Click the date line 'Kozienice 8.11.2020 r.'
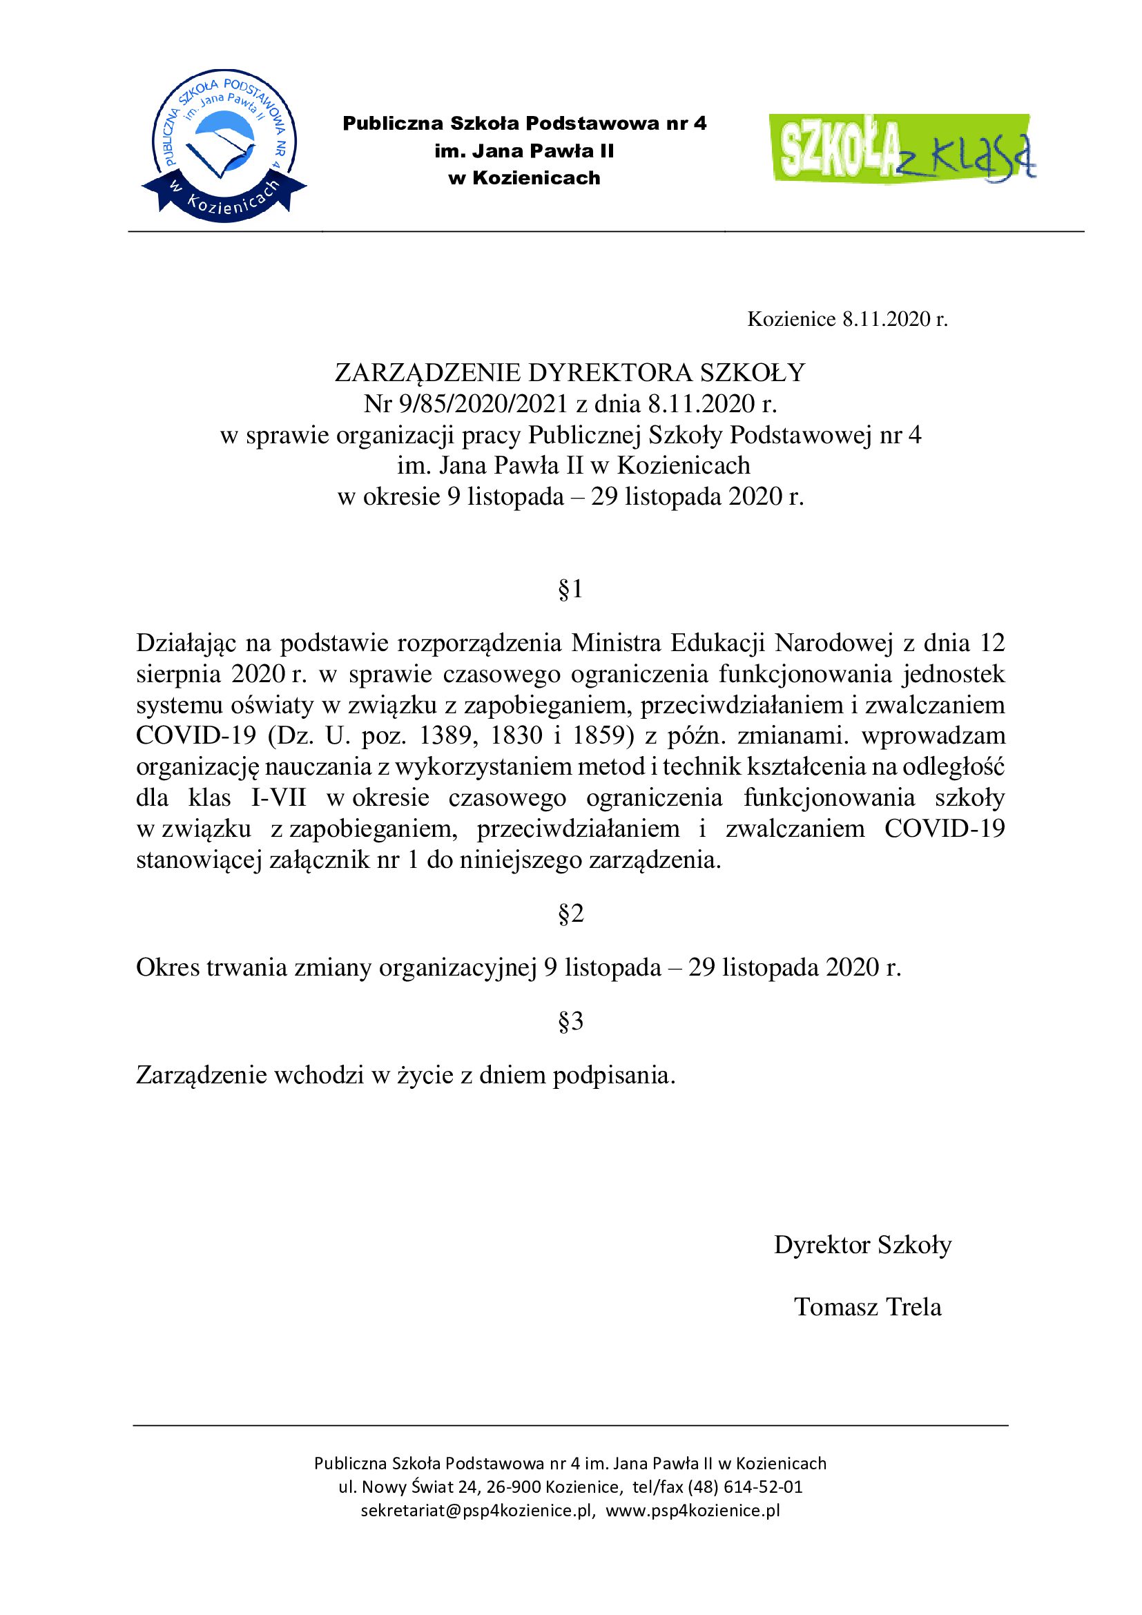(x=846, y=320)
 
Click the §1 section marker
(x=570, y=590)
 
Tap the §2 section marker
(x=570, y=913)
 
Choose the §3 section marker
(x=570, y=1021)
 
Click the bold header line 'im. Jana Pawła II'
(x=524, y=151)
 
